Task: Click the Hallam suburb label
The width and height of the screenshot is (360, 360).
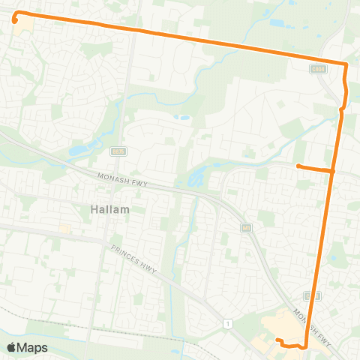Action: coord(110,210)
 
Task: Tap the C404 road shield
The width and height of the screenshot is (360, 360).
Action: coord(317,68)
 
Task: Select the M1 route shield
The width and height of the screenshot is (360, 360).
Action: coord(245,227)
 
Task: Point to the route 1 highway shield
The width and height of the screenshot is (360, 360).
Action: coord(226,322)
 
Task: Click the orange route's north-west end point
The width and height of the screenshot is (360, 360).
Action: coord(14,20)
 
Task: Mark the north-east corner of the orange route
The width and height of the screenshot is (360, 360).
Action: coord(346,64)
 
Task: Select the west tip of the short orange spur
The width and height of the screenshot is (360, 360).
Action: coord(298,166)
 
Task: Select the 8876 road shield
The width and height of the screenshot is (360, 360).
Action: coord(118,151)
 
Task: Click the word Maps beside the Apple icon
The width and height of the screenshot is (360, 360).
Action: coord(33,348)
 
